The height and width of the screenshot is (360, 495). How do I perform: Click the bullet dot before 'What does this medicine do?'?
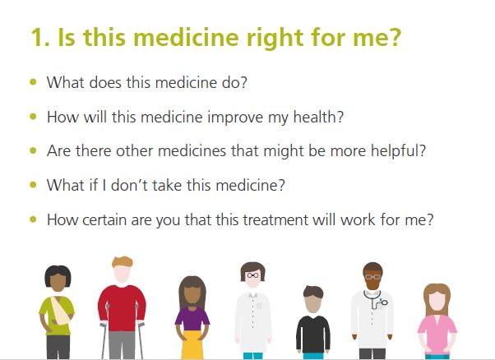(x=33, y=82)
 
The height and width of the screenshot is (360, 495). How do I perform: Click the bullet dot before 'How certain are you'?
(x=33, y=219)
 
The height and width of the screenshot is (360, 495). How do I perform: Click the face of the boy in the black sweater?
(x=312, y=302)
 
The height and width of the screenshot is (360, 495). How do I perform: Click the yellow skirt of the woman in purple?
(x=192, y=344)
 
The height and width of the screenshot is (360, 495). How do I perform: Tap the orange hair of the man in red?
(x=123, y=262)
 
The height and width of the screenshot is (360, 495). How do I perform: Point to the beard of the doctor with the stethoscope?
(x=372, y=284)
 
